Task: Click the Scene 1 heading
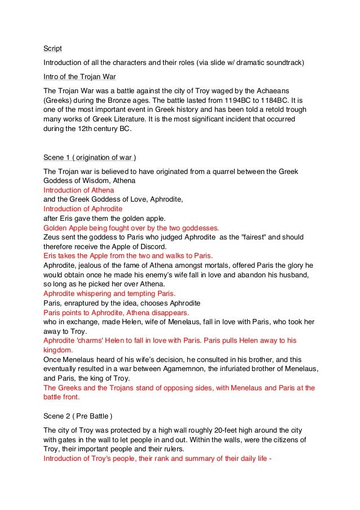[x=90, y=156]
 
